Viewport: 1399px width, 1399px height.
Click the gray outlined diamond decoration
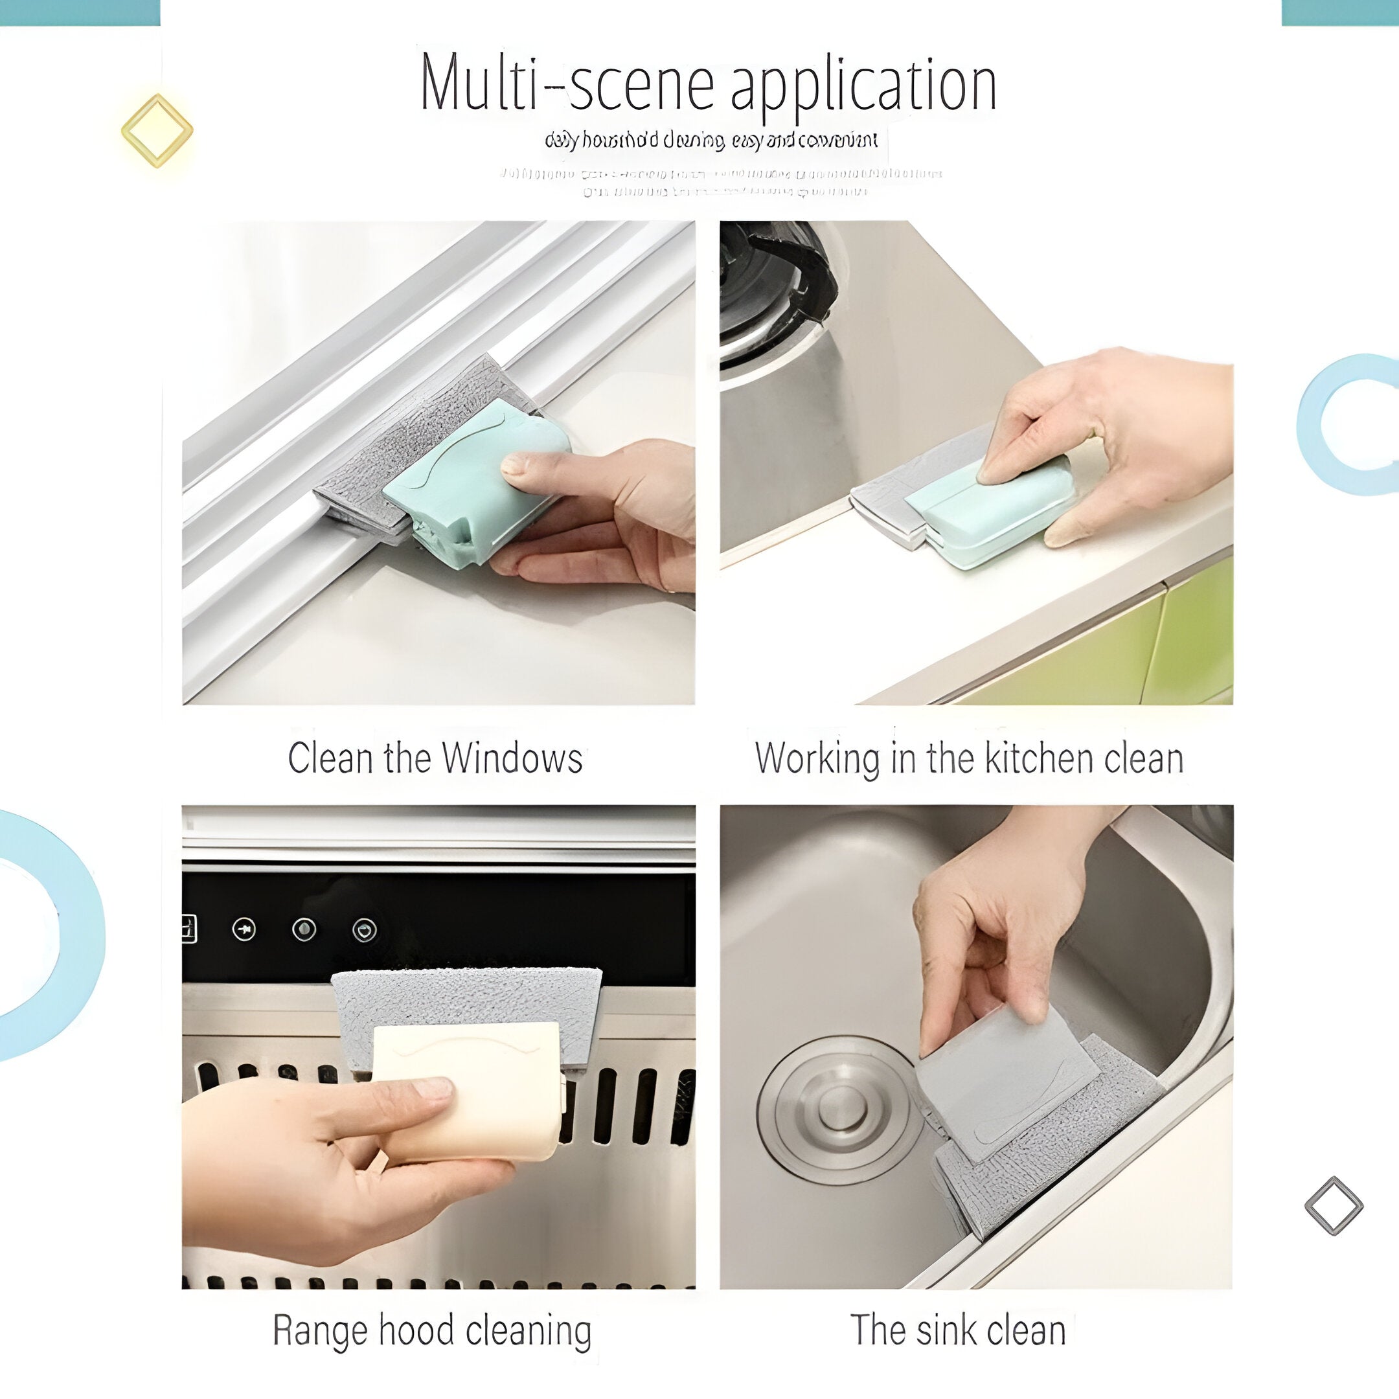1333,1205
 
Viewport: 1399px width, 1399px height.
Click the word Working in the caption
817,759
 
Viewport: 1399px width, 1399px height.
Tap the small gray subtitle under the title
711,140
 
